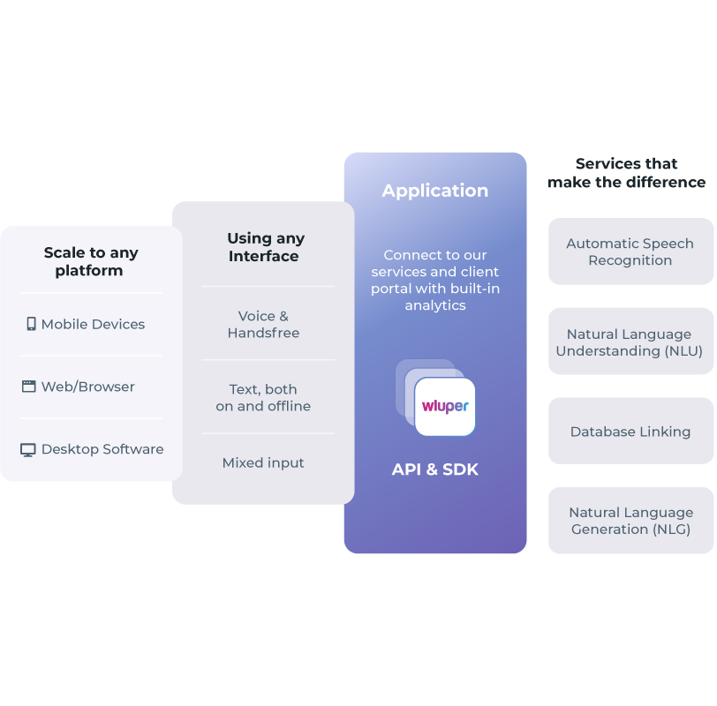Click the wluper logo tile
click(445, 407)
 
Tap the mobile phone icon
click(31, 324)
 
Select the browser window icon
click(29, 387)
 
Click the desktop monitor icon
click(28, 449)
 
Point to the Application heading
click(434, 191)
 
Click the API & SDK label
click(434, 469)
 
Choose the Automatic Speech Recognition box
click(630, 252)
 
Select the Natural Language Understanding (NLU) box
click(630, 342)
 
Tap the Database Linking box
click(630, 432)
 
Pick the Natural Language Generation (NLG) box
click(630, 521)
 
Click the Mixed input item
click(263, 462)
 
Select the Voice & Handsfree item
click(263, 325)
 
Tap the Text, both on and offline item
click(263, 397)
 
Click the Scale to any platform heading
click(91, 261)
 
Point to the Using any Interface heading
click(265, 247)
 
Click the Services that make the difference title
click(626, 173)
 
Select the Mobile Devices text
click(93, 324)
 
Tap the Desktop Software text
click(102, 449)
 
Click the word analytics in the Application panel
click(434, 305)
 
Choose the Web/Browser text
click(87, 387)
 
